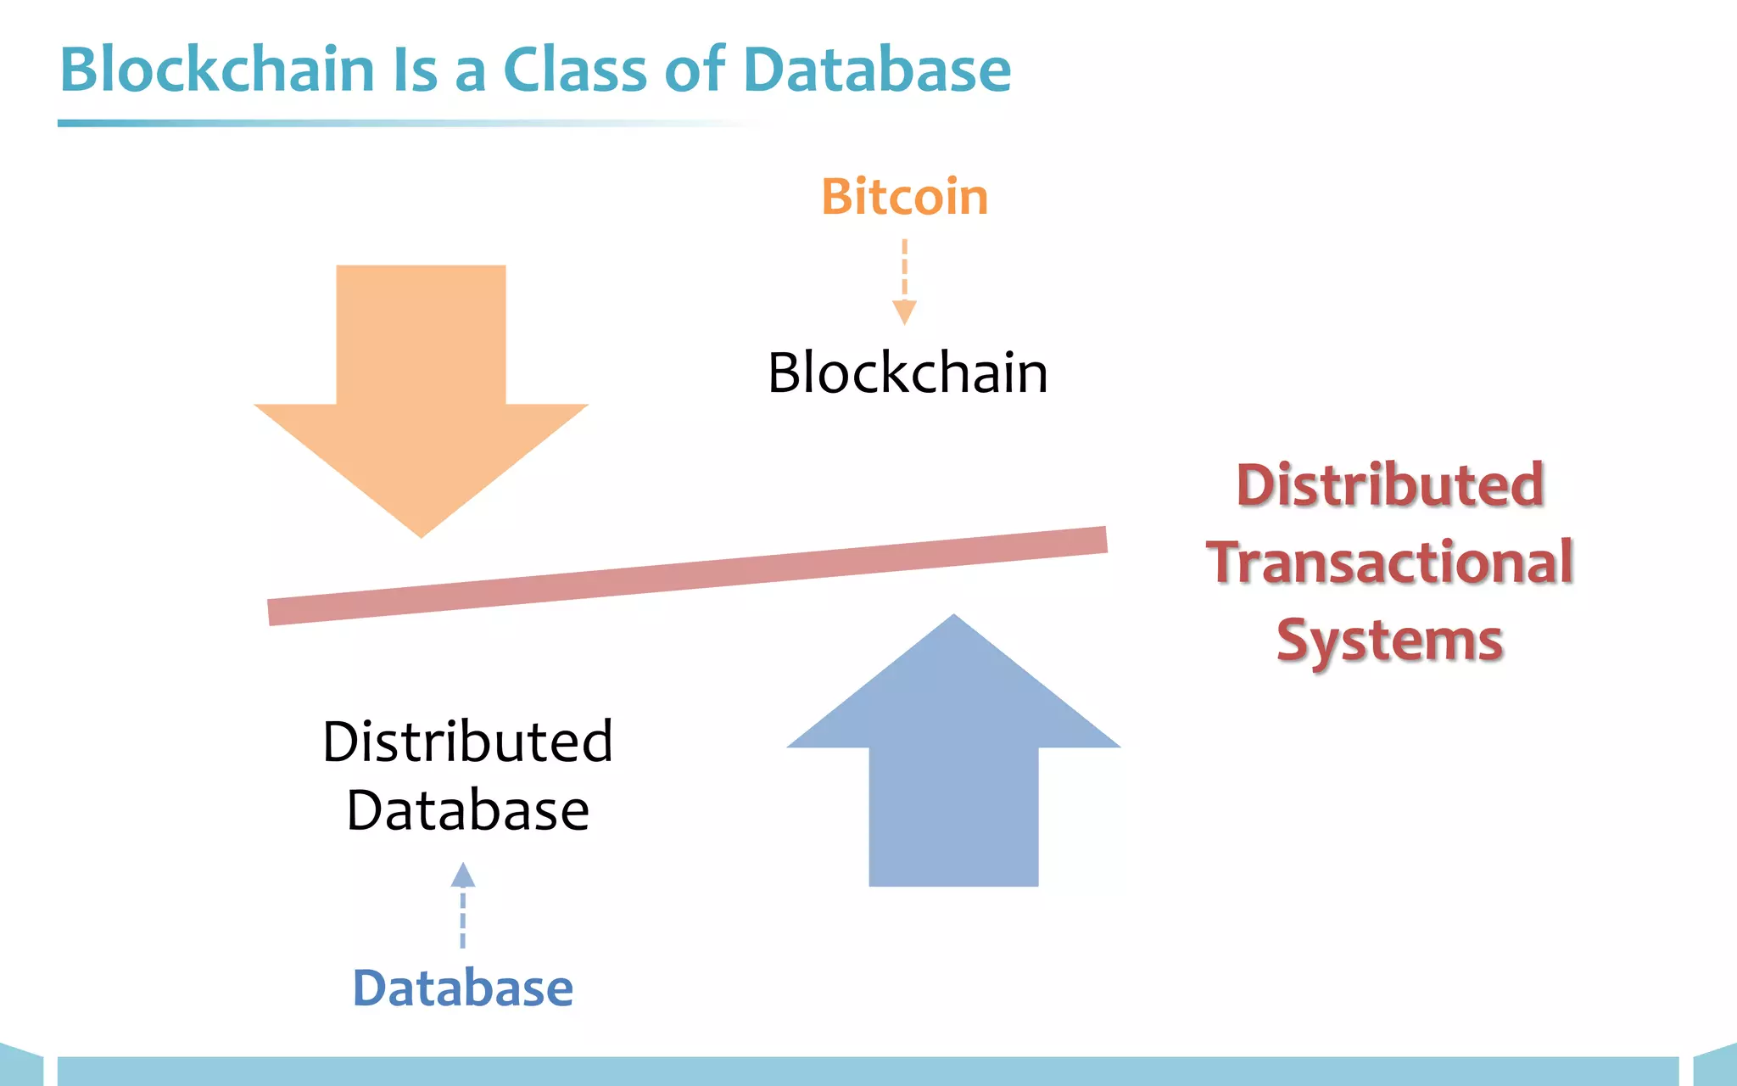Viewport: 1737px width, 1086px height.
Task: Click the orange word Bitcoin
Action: tap(904, 197)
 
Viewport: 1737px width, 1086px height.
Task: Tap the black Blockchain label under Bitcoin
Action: tap(908, 372)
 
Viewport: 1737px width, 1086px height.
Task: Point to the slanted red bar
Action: tap(687, 576)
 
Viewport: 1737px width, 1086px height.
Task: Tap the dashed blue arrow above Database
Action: tap(462, 904)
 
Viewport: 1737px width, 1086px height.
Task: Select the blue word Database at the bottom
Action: tap(462, 988)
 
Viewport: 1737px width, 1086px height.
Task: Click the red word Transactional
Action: tap(1389, 563)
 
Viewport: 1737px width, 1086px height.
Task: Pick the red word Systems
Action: tap(1389, 640)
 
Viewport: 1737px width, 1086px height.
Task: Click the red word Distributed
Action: tap(1389, 485)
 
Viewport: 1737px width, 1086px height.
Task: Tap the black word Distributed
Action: tap(467, 742)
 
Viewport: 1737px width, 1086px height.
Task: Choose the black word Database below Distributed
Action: tap(467, 810)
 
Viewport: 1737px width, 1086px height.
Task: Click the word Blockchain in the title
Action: tap(217, 70)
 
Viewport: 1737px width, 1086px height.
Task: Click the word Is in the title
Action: tap(415, 70)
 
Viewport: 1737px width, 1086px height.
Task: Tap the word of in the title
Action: tap(695, 70)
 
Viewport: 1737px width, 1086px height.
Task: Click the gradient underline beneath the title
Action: tap(339, 124)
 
